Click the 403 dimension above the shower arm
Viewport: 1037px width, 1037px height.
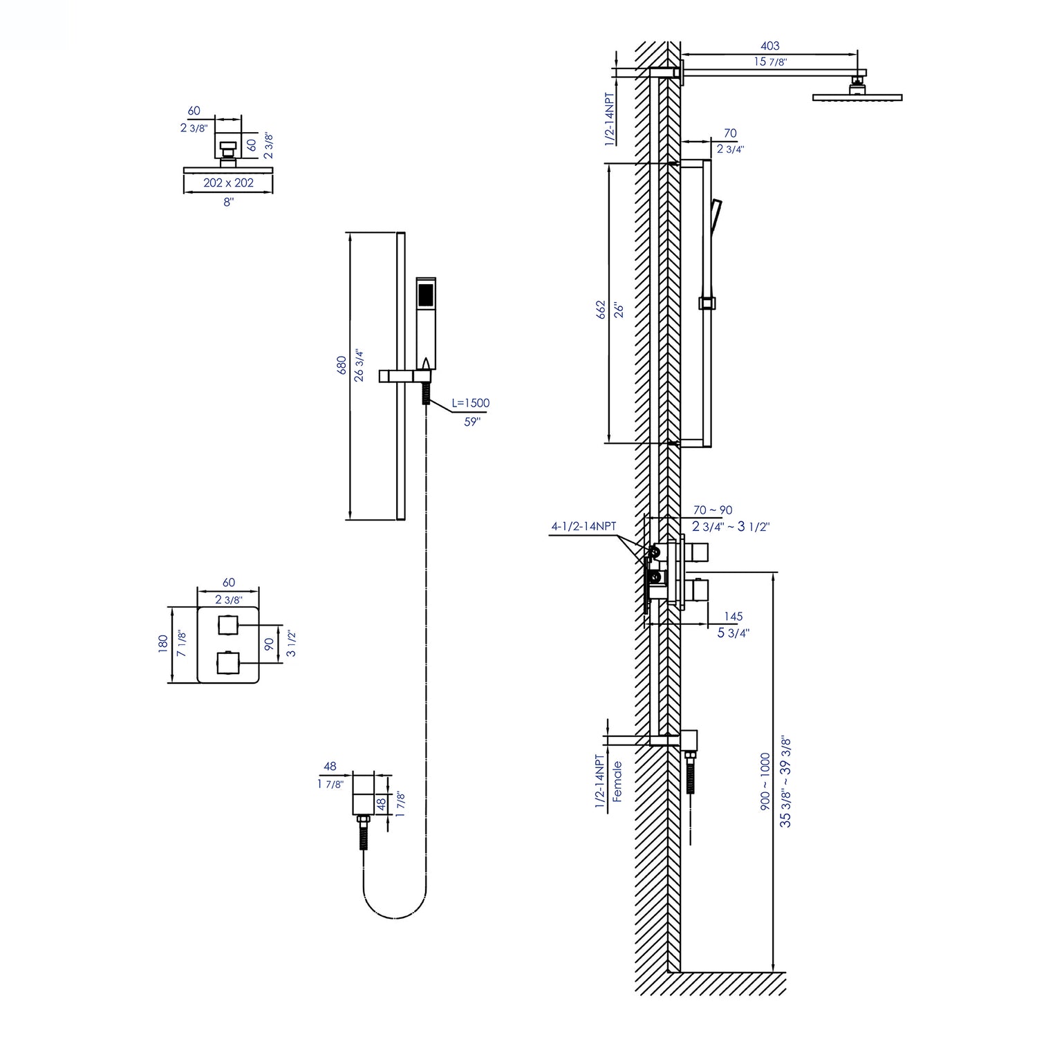[769, 46]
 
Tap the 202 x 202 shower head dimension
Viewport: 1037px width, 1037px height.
[228, 183]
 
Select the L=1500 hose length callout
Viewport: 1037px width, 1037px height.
[471, 403]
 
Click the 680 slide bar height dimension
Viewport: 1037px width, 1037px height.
[341, 366]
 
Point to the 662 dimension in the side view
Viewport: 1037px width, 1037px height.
[601, 308]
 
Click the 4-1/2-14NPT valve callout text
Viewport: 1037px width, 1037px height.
[583, 526]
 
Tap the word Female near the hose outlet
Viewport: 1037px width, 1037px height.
[617, 781]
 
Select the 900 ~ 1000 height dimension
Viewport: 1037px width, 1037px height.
[765, 781]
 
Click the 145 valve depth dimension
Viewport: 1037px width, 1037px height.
[733, 616]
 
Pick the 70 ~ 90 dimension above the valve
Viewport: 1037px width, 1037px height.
[712, 510]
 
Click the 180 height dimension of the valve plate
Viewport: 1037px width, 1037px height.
[163, 644]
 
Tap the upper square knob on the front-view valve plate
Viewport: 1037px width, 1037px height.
[227, 624]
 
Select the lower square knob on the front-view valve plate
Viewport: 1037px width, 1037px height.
[227, 662]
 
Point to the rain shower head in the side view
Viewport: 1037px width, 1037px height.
[857, 97]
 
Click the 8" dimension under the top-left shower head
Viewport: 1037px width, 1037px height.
[228, 202]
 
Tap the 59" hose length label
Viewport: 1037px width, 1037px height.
[471, 422]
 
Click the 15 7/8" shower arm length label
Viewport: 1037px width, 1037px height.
[770, 62]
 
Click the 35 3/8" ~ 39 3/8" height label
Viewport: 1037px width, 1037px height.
[785, 781]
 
